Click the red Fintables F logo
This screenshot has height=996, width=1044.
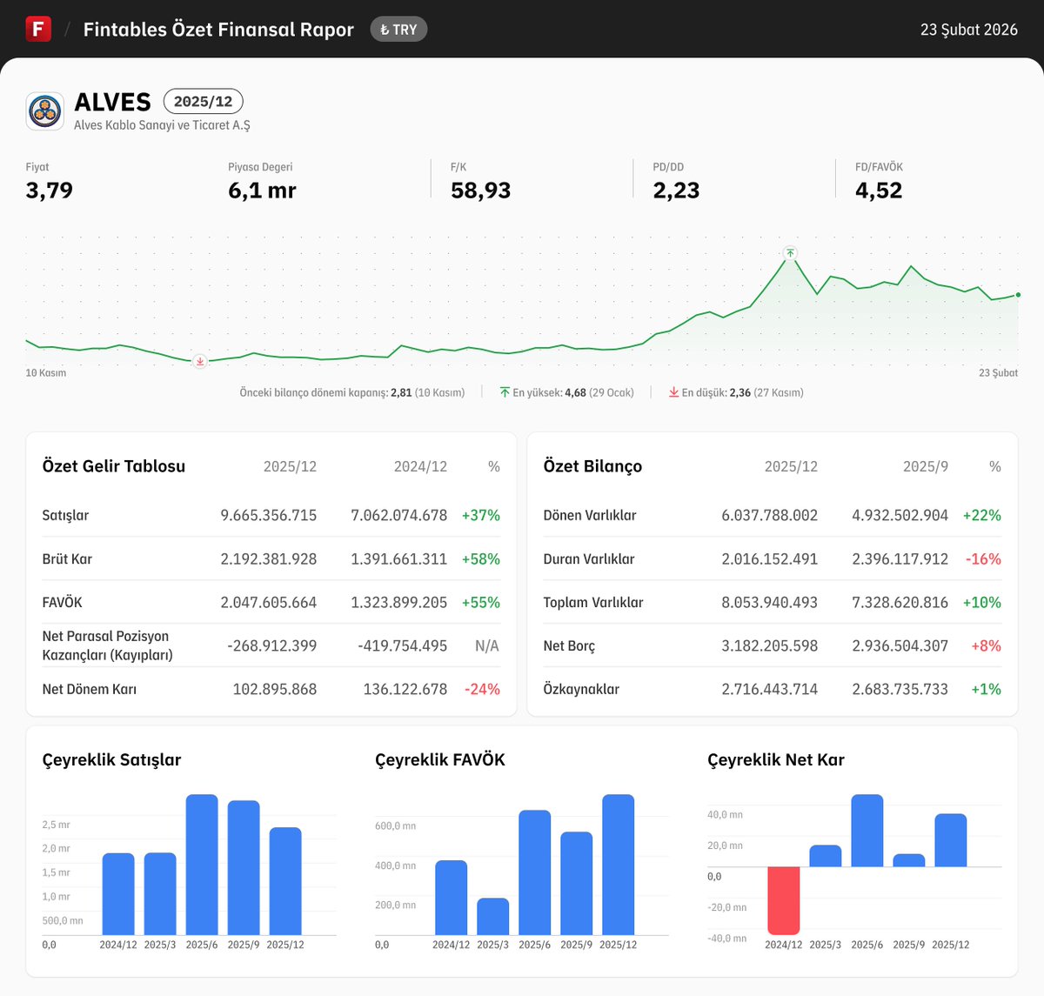[38, 29]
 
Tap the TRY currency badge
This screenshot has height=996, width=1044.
[398, 30]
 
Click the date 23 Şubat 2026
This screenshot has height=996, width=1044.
[968, 30]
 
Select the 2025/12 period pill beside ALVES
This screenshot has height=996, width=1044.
[203, 102]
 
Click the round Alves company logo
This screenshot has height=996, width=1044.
[45, 111]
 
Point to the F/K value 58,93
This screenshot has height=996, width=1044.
[480, 191]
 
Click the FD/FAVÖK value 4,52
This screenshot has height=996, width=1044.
[878, 191]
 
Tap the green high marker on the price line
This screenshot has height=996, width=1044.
[790, 253]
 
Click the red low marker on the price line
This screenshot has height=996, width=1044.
[200, 361]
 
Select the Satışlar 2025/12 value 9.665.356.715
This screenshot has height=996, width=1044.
[268, 515]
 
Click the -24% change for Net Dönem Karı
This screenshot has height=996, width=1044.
[482, 689]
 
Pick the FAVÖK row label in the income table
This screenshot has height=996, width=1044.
[62, 602]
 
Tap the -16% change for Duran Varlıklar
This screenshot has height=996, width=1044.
[983, 558]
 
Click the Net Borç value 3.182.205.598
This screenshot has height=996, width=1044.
[769, 645]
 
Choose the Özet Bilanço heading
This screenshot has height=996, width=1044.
[592, 466]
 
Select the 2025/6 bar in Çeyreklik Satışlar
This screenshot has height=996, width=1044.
[202, 865]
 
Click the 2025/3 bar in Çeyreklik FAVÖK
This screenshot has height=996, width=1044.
[493, 917]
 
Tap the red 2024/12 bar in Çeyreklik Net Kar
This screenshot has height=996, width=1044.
[784, 900]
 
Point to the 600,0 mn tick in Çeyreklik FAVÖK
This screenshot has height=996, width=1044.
[395, 826]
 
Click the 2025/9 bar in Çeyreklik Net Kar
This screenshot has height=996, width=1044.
[909, 860]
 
